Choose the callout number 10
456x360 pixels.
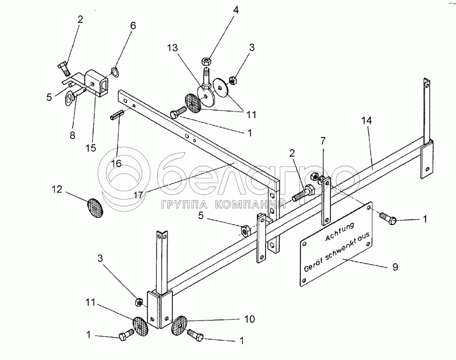click(249, 319)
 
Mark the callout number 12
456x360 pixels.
click(56, 189)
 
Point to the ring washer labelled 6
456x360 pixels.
click(116, 71)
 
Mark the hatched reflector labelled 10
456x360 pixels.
click(180, 325)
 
